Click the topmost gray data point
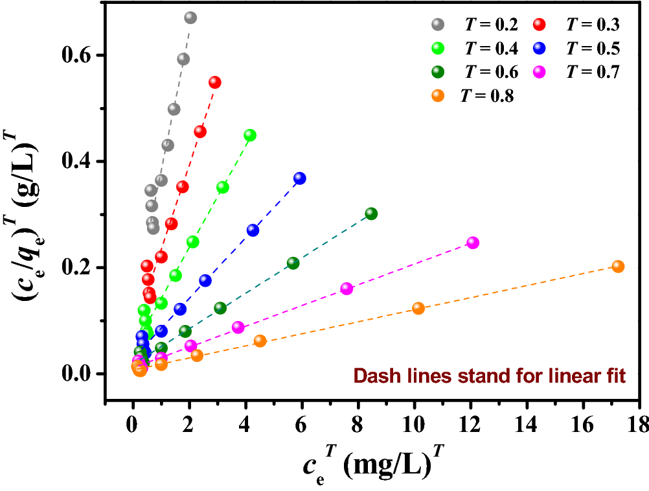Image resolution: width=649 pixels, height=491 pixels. (190, 18)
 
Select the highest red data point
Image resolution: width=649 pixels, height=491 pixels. (214, 82)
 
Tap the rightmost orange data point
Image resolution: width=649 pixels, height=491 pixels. (618, 267)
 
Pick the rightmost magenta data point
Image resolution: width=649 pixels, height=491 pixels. (472, 243)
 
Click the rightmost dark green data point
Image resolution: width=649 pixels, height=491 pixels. (371, 213)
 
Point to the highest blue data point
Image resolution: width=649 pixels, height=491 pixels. (299, 178)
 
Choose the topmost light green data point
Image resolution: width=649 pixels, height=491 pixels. (249, 135)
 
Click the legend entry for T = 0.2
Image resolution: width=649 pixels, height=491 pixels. (475, 25)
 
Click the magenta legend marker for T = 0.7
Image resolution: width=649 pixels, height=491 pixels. (538, 73)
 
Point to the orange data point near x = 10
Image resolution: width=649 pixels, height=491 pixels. (418, 308)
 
